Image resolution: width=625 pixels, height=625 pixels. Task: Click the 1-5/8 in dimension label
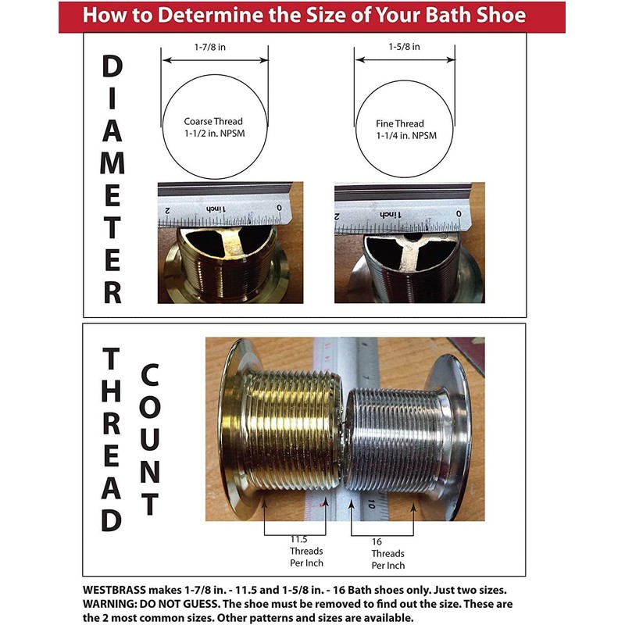[x=404, y=47]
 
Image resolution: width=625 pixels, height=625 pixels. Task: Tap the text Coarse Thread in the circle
[x=214, y=121]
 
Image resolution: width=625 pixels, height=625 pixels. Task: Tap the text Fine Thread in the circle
[x=400, y=123]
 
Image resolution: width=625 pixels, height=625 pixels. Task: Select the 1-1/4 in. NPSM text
[x=400, y=136]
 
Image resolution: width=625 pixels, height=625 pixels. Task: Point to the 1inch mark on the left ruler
[x=215, y=210]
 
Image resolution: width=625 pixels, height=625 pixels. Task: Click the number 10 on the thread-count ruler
[x=377, y=504]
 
